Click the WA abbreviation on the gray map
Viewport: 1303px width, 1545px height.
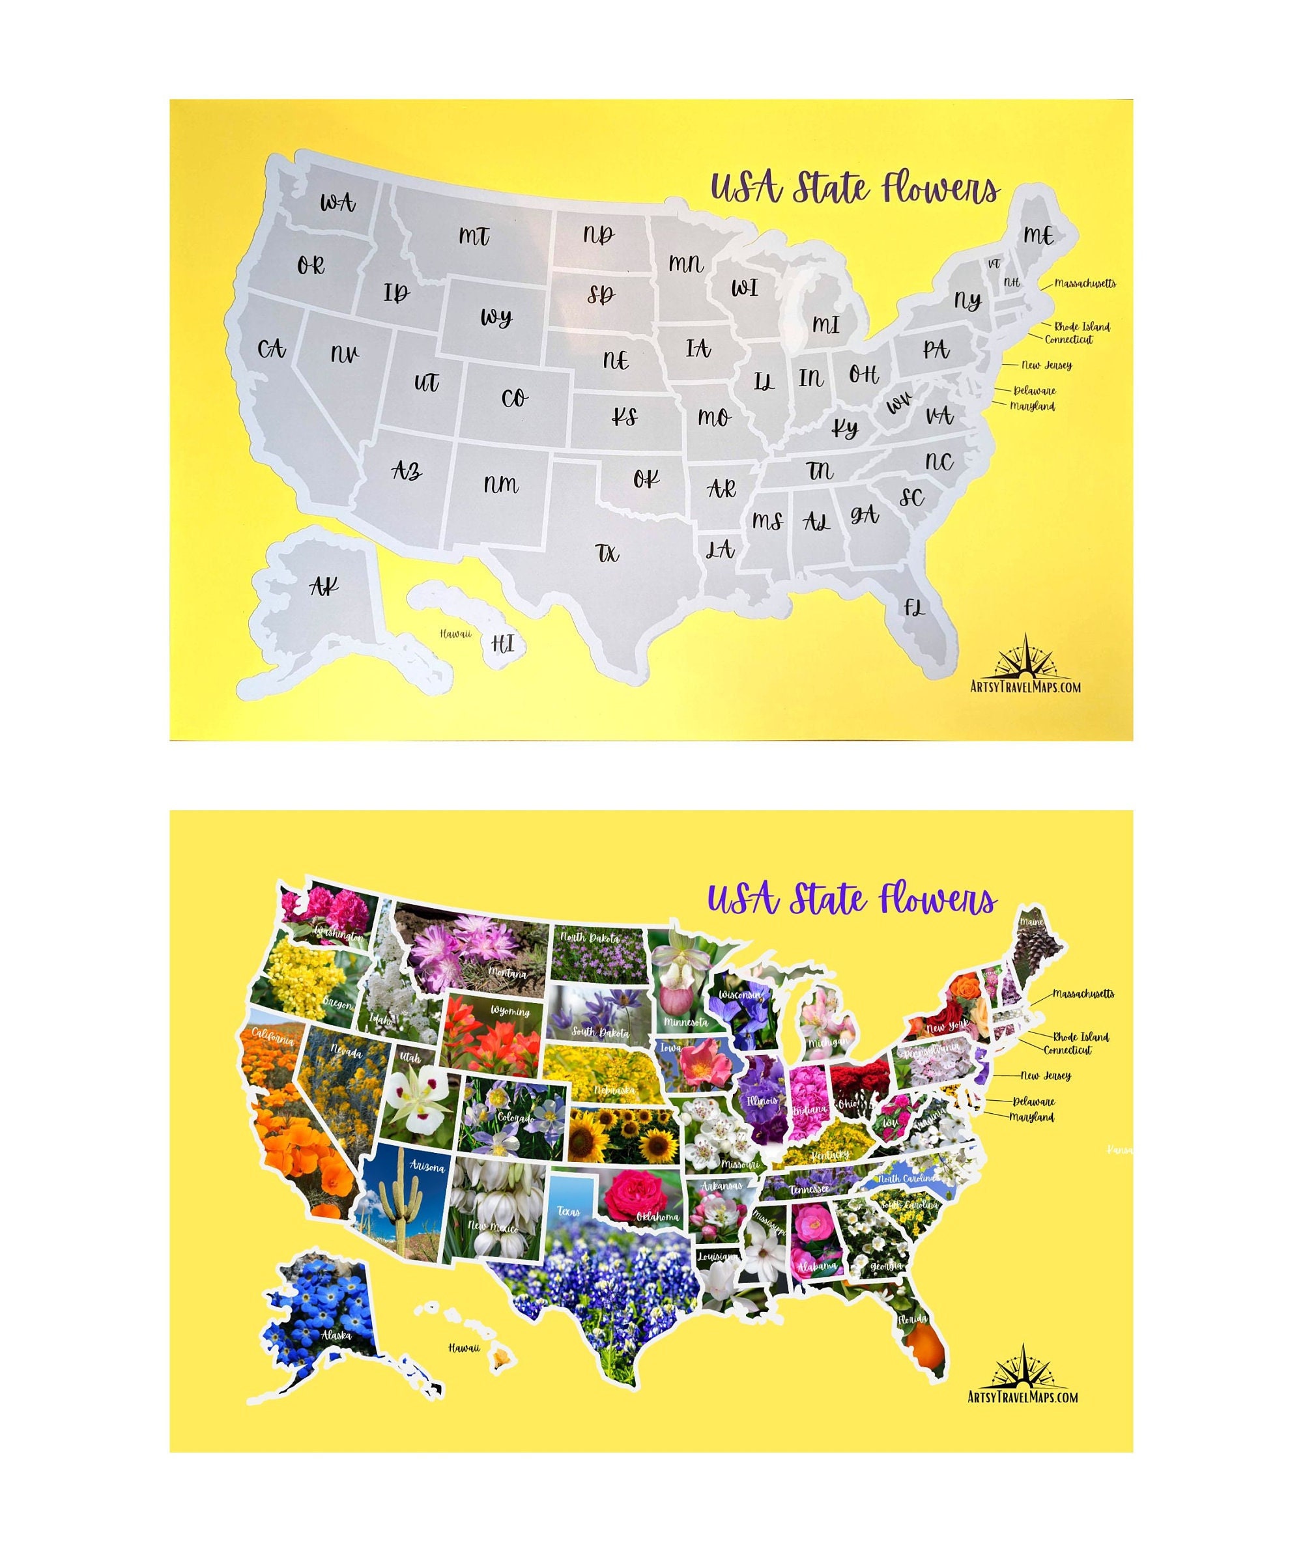pyautogui.click(x=337, y=202)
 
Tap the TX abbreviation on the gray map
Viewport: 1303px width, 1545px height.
pyautogui.click(x=608, y=552)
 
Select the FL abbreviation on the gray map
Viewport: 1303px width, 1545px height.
pyautogui.click(x=915, y=607)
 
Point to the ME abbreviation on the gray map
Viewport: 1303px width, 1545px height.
pyautogui.click(x=1038, y=235)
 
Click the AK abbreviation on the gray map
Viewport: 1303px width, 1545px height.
pyautogui.click(x=324, y=586)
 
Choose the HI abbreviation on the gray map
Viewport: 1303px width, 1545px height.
pyautogui.click(x=502, y=644)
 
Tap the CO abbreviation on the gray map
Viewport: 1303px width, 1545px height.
pyautogui.click(x=514, y=398)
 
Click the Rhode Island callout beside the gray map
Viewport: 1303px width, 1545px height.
pyautogui.click(x=1081, y=326)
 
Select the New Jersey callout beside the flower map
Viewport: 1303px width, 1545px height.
pyautogui.click(x=1046, y=1076)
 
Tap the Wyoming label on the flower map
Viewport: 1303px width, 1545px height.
pyautogui.click(x=509, y=1011)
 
